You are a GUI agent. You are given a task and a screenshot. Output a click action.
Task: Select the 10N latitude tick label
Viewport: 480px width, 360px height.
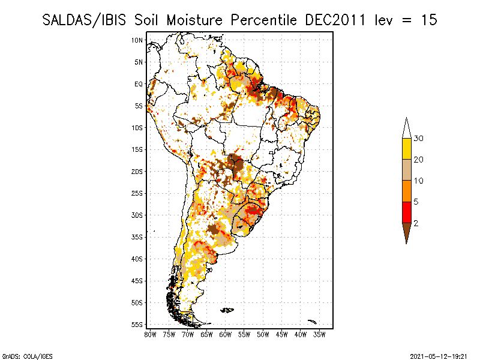tap(137, 40)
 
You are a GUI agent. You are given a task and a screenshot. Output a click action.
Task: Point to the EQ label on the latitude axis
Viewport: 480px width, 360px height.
tap(139, 84)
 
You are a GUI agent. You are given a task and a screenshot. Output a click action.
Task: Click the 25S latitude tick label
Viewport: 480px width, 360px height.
tap(137, 193)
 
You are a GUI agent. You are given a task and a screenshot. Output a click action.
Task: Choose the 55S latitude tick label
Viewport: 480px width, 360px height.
tap(137, 325)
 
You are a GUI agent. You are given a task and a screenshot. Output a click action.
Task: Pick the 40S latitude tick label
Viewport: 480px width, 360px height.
tap(137, 259)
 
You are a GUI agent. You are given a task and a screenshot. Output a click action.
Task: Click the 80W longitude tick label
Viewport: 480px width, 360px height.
tap(151, 334)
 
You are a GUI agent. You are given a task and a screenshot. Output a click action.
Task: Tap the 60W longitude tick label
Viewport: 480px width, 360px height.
tap(226, 334)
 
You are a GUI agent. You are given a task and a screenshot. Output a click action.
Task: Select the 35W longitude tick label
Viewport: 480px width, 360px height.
tap(319, 334)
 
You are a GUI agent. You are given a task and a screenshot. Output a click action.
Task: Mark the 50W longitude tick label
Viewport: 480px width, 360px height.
tap(263, 334)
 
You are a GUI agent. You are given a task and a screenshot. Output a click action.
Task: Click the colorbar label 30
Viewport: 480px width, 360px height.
tap(419, 139)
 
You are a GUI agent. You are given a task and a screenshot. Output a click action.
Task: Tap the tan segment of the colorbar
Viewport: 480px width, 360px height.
tap(406, 170)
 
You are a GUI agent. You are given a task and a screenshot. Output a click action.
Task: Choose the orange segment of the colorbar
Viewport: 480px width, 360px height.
tap(406, 191)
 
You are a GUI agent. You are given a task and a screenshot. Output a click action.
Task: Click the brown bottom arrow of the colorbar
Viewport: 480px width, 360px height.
tap(406, 231)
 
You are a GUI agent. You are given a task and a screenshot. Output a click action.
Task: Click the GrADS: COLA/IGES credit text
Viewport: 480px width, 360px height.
tap(23, 355)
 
